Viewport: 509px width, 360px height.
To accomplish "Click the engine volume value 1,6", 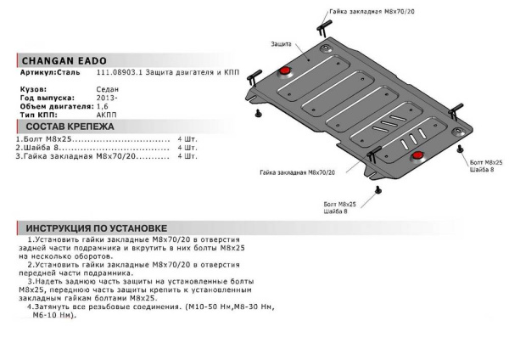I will click(103, 105).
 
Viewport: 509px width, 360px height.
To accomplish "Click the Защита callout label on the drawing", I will click(282, 42).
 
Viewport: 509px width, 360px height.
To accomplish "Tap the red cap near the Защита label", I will click(286, 68).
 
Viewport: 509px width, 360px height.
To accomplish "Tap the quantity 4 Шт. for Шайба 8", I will click(187, 148).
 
